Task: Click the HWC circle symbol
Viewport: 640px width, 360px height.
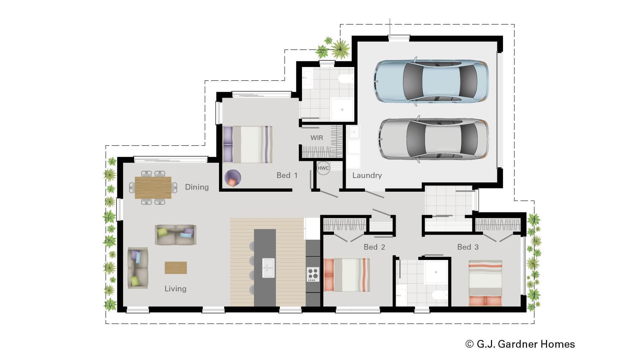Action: pyautogui.click(x=323, y=168)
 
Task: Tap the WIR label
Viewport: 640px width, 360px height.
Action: pyautogui.click(x=316, y=138)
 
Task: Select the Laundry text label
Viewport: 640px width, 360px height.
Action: pyautogui.click(x=367, y=175)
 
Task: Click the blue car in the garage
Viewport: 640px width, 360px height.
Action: pyautogui.click(x=431, y=81)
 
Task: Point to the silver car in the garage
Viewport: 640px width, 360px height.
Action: pyautogui.click(x=433, y=138)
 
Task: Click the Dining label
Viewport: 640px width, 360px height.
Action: pyautogui.click(x=197, y=187)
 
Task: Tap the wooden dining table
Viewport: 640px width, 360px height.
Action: pyautogui.click(x=153, y=188)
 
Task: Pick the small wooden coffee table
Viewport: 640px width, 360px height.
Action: pyautogui.click(x=176, y=268)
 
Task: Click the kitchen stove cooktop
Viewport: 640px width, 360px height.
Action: pyautogui.click(x=313, y=274)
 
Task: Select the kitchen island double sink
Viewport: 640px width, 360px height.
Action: pyautogui.click(x=268, y=268)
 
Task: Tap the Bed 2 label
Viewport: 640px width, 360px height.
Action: pyautogui.click(x=374, y=247)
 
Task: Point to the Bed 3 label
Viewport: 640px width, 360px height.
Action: pyautogui.click(x=468, y=247)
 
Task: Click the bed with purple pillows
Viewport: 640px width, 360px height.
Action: pyautogui.click(x=247, y=144)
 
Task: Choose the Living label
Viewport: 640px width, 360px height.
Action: pyautogui.click(x=175, y=289)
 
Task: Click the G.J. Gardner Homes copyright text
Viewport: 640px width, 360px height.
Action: pyautogui.click(x=520, y=344)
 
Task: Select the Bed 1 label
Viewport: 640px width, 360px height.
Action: pyautogui.click(x=287, y=175)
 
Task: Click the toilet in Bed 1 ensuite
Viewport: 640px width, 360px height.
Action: pyautogui.click(x=345, y=79)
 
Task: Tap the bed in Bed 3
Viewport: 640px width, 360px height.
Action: pyautogui.click(x=485, y=283)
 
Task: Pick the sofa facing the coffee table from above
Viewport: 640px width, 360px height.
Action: pyautogui.click(x=175, y=234)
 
